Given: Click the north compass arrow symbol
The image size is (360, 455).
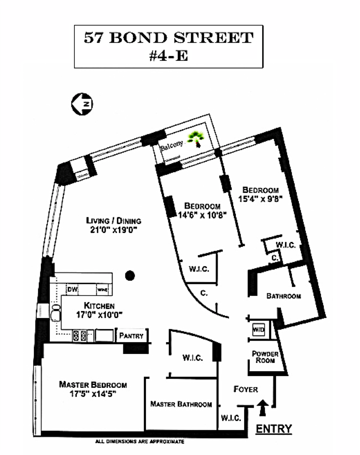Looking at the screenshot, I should coord(82,104).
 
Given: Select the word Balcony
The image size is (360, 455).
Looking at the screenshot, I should coord(171,145).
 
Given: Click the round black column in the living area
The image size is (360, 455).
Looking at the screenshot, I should coord(130,275).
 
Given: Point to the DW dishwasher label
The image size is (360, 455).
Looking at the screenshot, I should coord(72,289).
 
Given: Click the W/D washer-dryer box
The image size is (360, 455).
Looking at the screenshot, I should coord(259,330).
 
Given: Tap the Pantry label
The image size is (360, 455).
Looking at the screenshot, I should coord(131,336).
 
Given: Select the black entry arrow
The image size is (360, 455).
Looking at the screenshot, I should coord(263,407).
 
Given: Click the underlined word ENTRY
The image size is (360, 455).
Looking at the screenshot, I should coord(274,428).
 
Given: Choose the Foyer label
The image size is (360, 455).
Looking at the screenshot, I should coord(245,389).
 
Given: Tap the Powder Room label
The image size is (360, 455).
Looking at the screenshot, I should coord(265,357).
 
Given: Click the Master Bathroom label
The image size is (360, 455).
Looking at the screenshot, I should coord(181,404).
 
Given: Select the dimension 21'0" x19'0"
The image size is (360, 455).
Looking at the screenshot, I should coord(114,230).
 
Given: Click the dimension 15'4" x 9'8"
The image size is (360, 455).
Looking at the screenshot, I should coord(260,199).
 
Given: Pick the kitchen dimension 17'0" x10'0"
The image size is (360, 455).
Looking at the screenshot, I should coord(99,314).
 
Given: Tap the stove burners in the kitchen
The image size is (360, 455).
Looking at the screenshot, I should coord(80,336).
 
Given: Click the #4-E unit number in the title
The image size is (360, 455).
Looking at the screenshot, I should coord(168,56).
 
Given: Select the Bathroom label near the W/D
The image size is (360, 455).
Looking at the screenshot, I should coord(284,296).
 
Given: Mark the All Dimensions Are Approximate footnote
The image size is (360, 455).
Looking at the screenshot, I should coord(139,442).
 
